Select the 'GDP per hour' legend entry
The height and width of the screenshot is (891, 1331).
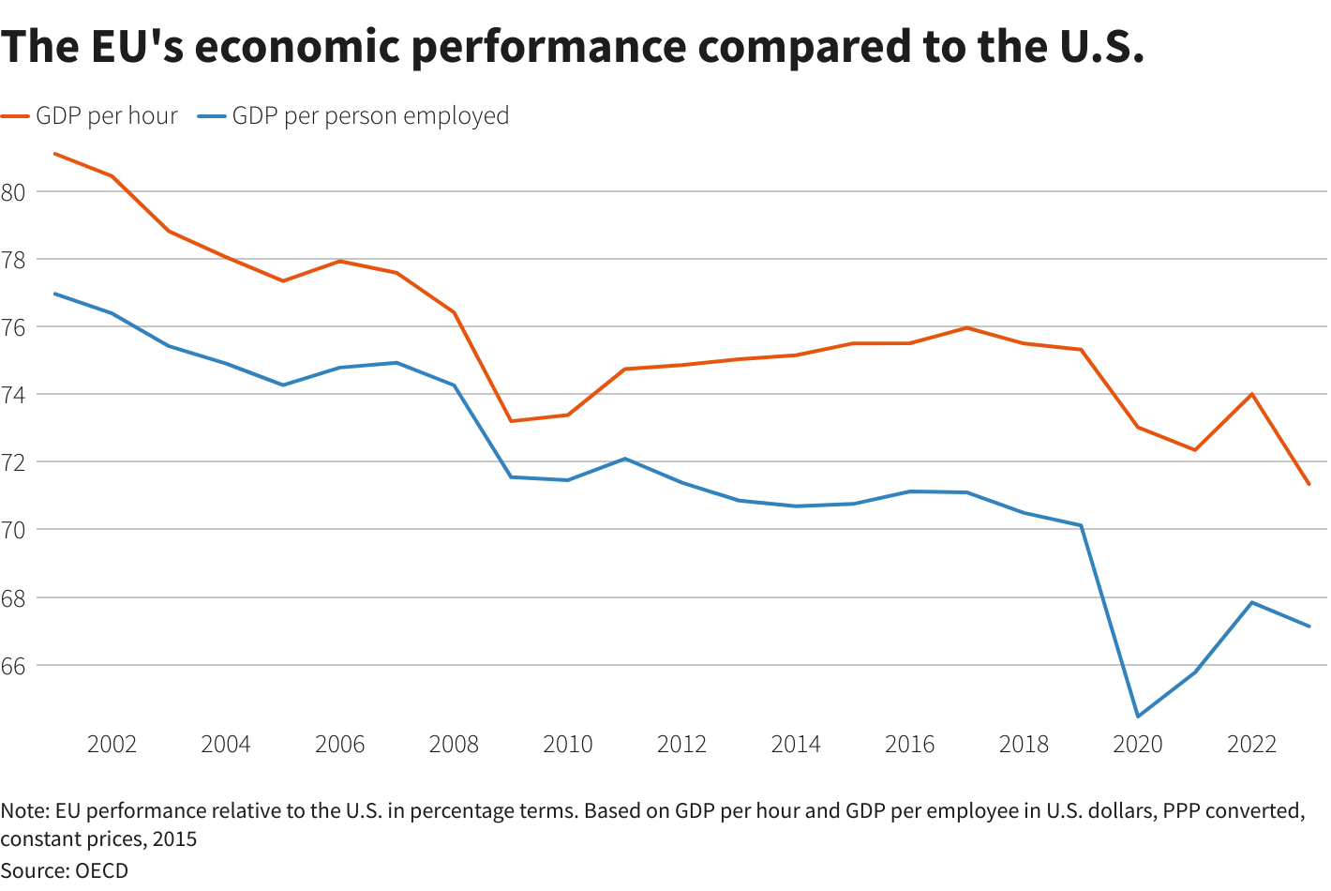[x=106, y=115]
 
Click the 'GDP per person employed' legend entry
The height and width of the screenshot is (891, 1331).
[x=370, y=115]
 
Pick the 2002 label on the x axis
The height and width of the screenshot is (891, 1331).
[x=112, y=745]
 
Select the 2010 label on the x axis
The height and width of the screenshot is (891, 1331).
[x=568, y=745]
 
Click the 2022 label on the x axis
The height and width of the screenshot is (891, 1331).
[x=1252, y=745]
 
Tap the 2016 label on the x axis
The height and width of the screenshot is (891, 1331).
[x=910, y=745]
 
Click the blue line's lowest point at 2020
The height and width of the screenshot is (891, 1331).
[x=1138, y=717]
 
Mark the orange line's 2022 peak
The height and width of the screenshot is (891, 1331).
[x=1252, y=394]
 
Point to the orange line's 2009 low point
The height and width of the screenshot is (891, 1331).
[x=511, y=421]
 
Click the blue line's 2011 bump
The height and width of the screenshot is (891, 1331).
[x=625, y=459]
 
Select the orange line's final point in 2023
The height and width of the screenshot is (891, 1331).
[x=1309, y=485]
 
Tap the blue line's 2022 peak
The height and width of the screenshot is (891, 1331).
[x=1252, y=602]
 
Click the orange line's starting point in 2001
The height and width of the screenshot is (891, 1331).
[x=54, y=153]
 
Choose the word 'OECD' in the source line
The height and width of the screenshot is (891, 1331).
[x=101, y=870]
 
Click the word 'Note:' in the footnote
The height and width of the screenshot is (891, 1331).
[x=25, y=811]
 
